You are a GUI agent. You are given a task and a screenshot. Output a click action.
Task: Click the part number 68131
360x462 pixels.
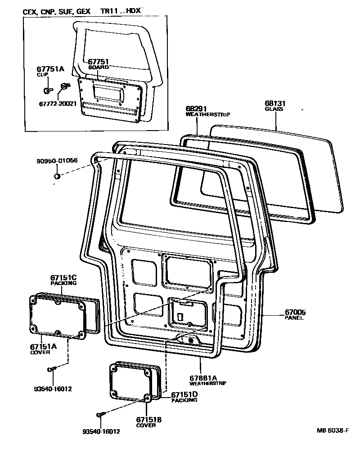click(x=276, y=104)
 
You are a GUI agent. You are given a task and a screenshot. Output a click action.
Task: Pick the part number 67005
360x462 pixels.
click(x=295, y=312)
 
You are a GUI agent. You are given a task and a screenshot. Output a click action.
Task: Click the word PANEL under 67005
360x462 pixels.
click(x=294, y=317)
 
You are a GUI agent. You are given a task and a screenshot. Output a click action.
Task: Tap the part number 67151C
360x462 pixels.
click(x=63, y=278)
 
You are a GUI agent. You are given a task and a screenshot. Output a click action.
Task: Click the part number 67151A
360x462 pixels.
click(x=44, y=346)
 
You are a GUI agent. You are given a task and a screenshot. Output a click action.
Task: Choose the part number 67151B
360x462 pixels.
click(x=149, y=419)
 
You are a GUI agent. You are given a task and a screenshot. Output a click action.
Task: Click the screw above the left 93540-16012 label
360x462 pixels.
click(x=51, y=370)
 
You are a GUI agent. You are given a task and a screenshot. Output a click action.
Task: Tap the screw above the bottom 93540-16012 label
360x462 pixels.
click(x=100, y=415)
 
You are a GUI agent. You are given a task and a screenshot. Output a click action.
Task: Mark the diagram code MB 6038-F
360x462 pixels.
click(x=332, y=430)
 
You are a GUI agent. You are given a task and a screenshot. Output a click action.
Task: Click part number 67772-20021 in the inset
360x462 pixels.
click(x=58, y=103)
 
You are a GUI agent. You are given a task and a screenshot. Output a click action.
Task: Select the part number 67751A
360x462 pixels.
click(x=50, y=69)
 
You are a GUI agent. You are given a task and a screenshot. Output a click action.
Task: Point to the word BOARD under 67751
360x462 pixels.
click(x=99, y=67)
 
